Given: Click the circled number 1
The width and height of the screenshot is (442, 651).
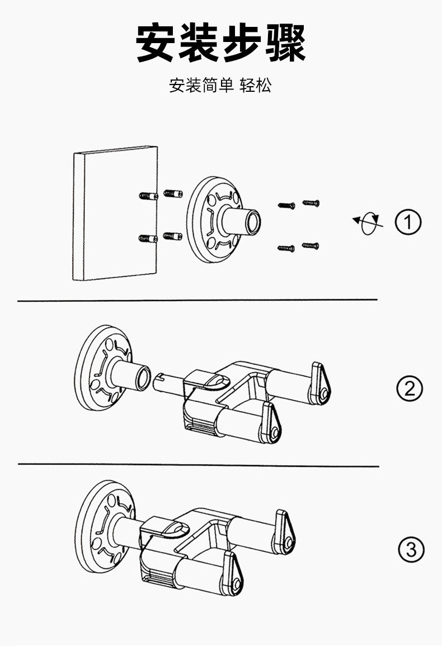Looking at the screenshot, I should [x=408, y=222].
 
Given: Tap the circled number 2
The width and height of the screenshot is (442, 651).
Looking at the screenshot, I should [x=410, y=388].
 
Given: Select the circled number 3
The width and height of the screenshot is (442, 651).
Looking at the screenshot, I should [x=411, y=550].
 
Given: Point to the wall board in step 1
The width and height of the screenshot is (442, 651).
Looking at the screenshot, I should [x=115, y=213].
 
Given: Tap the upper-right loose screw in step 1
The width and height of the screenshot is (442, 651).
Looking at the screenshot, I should [x=311, y=202].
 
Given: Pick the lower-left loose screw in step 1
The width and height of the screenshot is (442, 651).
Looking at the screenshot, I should [x=286, y=247].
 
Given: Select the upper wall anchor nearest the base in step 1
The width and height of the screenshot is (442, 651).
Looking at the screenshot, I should [x=172, y=193].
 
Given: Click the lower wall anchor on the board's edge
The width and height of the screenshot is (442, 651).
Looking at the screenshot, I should [x=148, y=238].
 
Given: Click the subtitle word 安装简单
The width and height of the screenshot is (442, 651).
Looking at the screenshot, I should [x=201, y=86].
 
